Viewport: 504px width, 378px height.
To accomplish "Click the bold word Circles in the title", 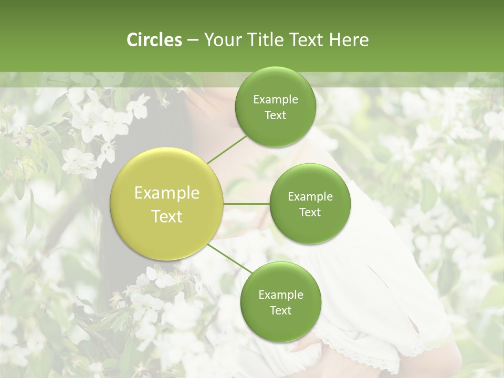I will tap(154, 40).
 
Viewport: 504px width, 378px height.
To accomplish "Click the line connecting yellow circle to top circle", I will tap(227, 149).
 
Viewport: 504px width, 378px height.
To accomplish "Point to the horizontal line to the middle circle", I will tap(247, 204).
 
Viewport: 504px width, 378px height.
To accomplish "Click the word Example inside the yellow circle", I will tap(167, 193).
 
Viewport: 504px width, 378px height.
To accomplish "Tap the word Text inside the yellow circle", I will tap(167, 216).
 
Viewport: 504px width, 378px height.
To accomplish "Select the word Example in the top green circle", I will tap(276, 100).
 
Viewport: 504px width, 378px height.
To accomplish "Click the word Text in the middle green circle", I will tap(310, 212).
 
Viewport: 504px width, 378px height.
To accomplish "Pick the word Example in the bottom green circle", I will tap(280, 295).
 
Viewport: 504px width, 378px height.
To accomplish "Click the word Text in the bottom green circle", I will tap(280, 310).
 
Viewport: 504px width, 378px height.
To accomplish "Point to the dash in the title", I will tap(193, 40).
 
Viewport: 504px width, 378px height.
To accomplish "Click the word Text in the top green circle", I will tap(276, 115).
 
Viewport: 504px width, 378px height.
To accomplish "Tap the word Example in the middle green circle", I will tap(310, 197).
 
